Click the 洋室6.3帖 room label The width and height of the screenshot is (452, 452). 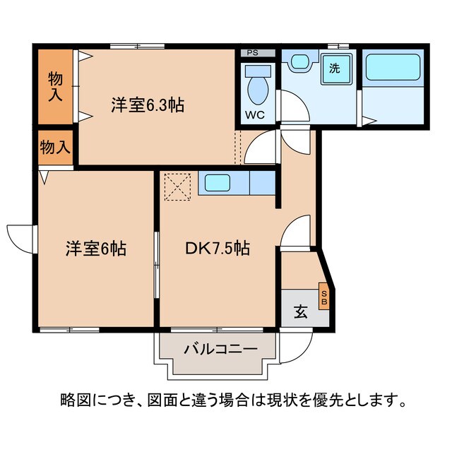point(147,106)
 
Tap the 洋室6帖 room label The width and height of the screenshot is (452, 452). point(96,249)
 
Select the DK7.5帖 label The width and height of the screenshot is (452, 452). point(217,249)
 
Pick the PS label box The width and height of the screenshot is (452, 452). point(252,53)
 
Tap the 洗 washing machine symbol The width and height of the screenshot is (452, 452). point(335,70)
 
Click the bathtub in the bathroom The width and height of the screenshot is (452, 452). point(393,69)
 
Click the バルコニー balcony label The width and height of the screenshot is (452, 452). point(215,348)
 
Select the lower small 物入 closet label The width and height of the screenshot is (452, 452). point(54,147)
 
